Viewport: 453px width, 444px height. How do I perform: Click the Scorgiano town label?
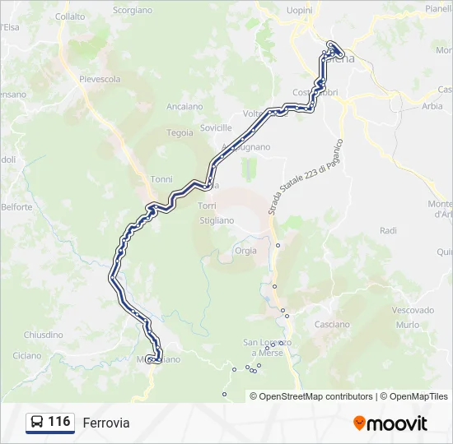132,10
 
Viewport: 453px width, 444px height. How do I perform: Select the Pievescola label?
100,80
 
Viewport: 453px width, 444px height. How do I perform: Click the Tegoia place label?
180,132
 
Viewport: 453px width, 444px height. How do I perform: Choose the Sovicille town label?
216,128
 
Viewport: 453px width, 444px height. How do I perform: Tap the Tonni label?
161,179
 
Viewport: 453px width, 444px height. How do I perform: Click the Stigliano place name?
217,220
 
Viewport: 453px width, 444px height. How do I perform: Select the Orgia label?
245,251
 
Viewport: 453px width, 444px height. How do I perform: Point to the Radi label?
389,231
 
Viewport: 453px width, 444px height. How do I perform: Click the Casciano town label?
333,325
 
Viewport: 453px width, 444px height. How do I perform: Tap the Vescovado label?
413,310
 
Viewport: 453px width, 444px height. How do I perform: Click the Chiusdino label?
43,335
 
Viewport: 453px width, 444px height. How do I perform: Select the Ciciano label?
26,356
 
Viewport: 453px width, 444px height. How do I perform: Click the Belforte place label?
16,207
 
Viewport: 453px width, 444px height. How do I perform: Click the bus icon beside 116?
37,423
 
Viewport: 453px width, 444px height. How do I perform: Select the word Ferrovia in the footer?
105,423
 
